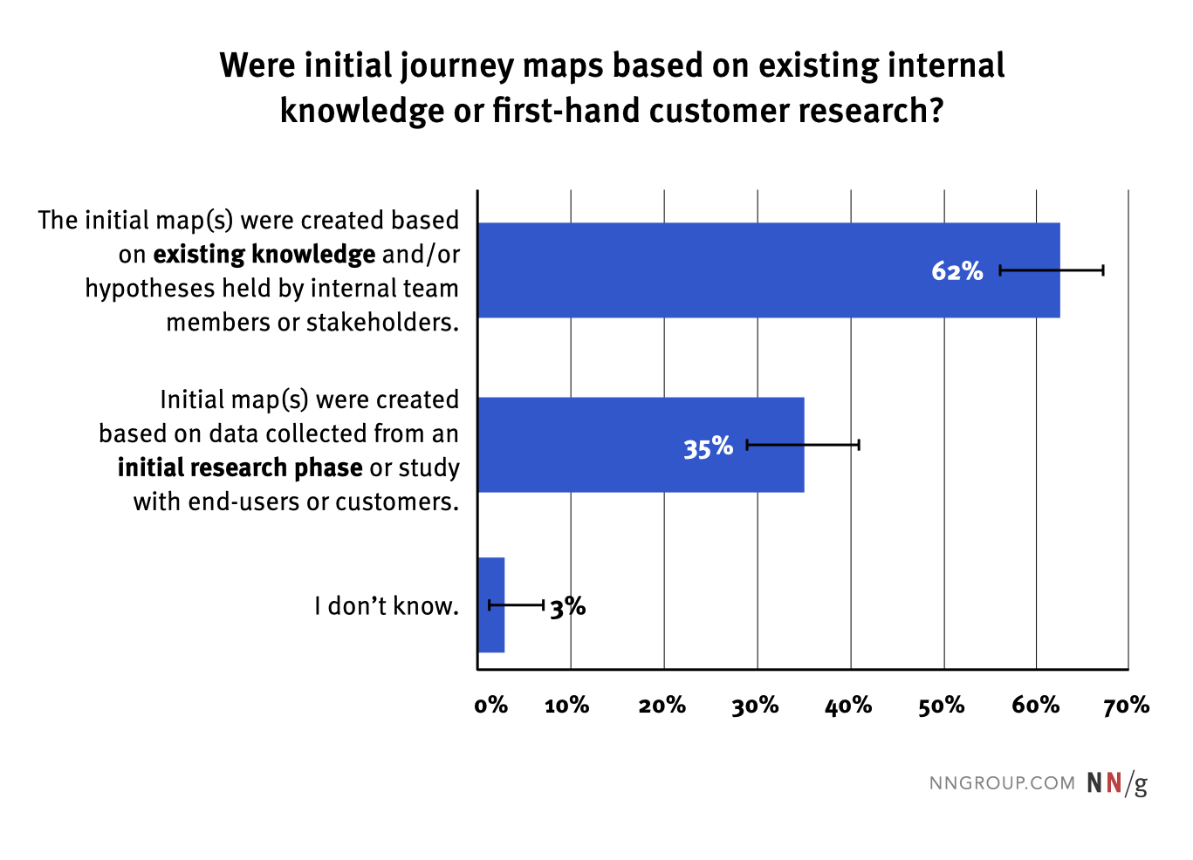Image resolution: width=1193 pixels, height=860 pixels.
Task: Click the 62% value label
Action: tap(956, 271)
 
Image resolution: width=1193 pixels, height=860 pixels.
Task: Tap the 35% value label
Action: tap(708, 447)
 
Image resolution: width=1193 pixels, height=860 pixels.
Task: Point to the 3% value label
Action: tap(568, 606)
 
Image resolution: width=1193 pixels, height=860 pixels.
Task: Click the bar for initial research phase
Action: tap(611, 445)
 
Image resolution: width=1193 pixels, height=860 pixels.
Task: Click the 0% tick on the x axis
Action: tap(491, 705)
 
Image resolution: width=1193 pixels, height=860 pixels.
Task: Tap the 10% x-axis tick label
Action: tap(567, 705)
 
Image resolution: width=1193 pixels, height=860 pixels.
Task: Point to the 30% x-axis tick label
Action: tap(755, 705)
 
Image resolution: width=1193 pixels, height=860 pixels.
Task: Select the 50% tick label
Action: tap(942, 705)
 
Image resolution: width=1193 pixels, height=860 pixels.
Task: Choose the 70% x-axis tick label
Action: tap(1127, 705)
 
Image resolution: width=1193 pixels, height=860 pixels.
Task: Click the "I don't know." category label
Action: tap(387, 606)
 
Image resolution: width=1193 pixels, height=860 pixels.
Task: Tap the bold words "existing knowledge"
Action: tap(264, 255)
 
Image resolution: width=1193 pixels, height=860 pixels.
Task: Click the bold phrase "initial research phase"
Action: tap(240, 468)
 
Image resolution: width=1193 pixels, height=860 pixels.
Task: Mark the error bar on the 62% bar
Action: tap(1052, 270)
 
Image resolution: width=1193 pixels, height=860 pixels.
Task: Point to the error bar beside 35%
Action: tap(803, 446)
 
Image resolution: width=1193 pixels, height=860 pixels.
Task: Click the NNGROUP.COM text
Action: tap(1002, 783)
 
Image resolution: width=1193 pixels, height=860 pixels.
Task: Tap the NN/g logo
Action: tap(1117, 783)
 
